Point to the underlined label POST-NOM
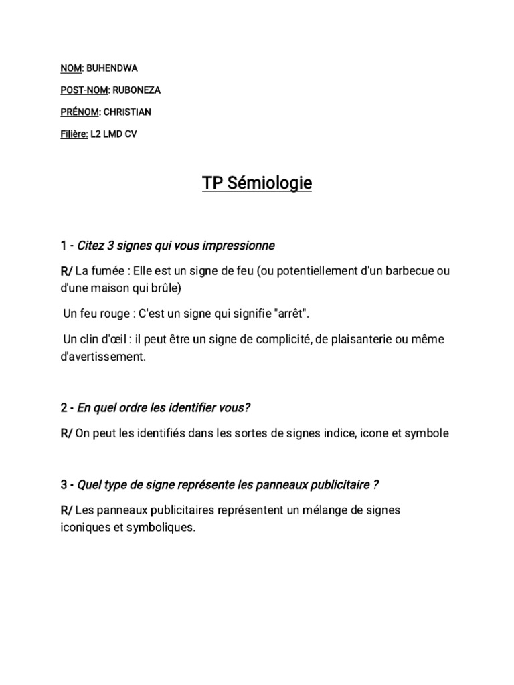pos(82,90)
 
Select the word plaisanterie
pos(359,339)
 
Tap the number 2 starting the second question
pos(64,407)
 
